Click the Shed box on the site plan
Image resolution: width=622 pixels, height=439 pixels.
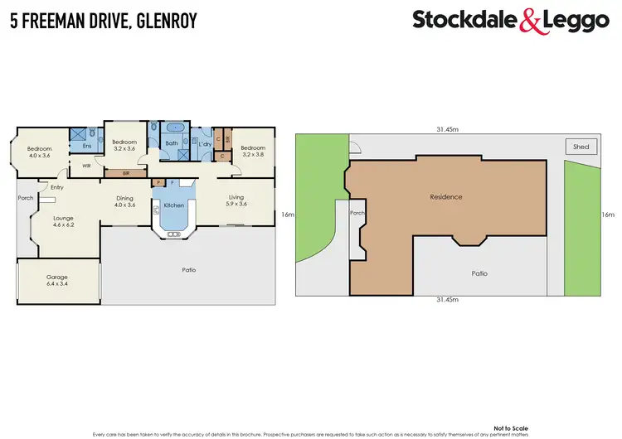pos(581,147)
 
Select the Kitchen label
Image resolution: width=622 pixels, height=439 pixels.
pos(173,205)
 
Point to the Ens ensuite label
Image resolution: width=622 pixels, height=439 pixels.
pos(86,146)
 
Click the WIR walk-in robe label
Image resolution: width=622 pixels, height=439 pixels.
pos(86,166)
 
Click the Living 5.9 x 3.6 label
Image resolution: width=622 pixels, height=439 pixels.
pos(236,200)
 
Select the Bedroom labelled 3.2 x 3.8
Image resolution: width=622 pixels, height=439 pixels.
pos(252,151)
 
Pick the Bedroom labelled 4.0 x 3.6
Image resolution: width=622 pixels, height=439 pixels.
pos(40,152)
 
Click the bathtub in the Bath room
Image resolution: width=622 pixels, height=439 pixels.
pos(176,129)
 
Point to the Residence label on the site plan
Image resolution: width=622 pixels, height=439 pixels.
pos(445,197)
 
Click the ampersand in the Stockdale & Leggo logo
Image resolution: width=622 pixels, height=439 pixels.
pos(529,22)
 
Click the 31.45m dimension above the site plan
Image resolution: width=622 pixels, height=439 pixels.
pos(450,128)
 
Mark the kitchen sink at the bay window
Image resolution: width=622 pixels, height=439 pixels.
pos(173,234)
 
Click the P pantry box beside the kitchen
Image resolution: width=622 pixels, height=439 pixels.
pos(158,182)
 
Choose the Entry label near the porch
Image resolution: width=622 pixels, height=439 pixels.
pos(56,187)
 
